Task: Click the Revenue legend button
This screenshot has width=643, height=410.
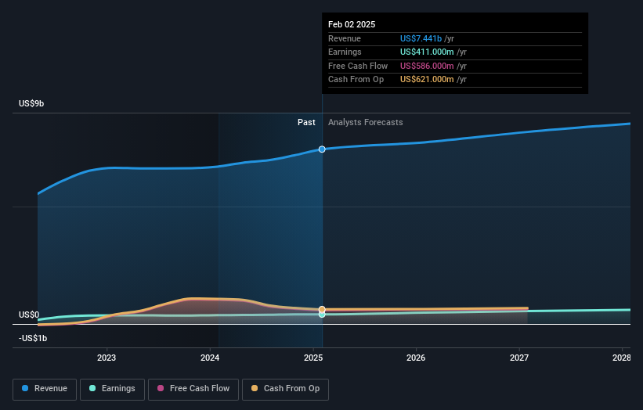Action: [x=45, y=389]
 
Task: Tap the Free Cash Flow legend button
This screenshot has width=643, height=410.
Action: [x=193, y=389]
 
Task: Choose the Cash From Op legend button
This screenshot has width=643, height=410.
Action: [x=287, y=389]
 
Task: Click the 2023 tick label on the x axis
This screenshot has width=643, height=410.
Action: [x=107, y=358]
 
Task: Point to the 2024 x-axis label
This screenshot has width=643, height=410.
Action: [x=210, y=358]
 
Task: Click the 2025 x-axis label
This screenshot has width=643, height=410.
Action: [x=313, y=358]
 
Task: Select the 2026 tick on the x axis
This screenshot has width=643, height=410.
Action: [x=416, y=358]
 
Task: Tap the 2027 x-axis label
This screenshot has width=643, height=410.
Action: [x=518, y=358]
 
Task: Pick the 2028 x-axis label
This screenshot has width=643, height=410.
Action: [x=621, y=358]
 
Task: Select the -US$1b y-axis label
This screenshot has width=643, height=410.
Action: [x=34, y=338]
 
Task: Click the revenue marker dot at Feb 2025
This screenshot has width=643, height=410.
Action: [x=322, y=149]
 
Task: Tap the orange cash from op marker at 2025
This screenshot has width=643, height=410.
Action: [x=322, y=310]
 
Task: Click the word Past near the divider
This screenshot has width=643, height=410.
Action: [x=306, y=122]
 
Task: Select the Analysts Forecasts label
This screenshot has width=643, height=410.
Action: [x=366, y=122]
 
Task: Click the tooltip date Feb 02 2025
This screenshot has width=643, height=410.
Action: [x=352, y=24]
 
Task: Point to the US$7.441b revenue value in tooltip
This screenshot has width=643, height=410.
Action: [x=421, y=38]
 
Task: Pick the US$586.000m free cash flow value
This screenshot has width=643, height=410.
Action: [x=428, y=66]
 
